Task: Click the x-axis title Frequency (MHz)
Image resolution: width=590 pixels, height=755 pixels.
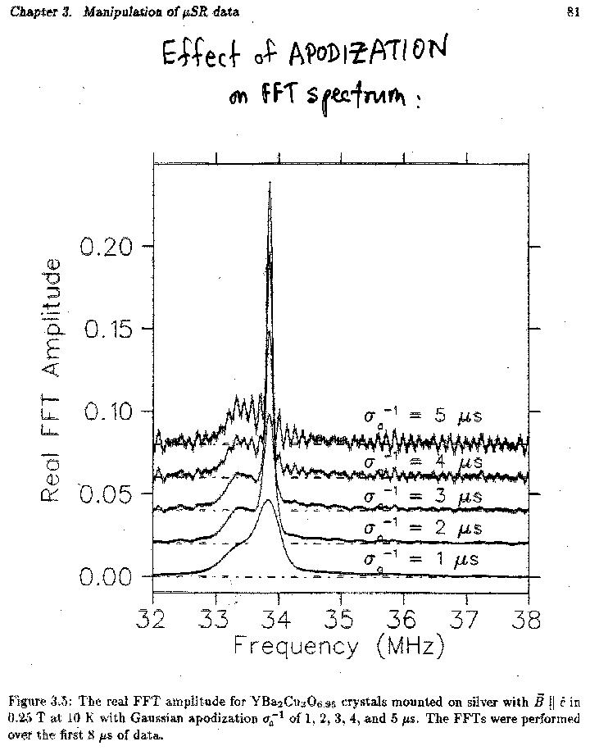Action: point(338,646)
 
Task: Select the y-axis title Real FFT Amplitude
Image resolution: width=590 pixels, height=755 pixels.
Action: point(51,379)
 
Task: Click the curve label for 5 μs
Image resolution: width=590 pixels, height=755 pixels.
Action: point(423,416)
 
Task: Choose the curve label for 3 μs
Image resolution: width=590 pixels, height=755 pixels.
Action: point(423,498)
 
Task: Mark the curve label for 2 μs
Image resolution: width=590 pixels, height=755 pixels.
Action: point(423,529)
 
